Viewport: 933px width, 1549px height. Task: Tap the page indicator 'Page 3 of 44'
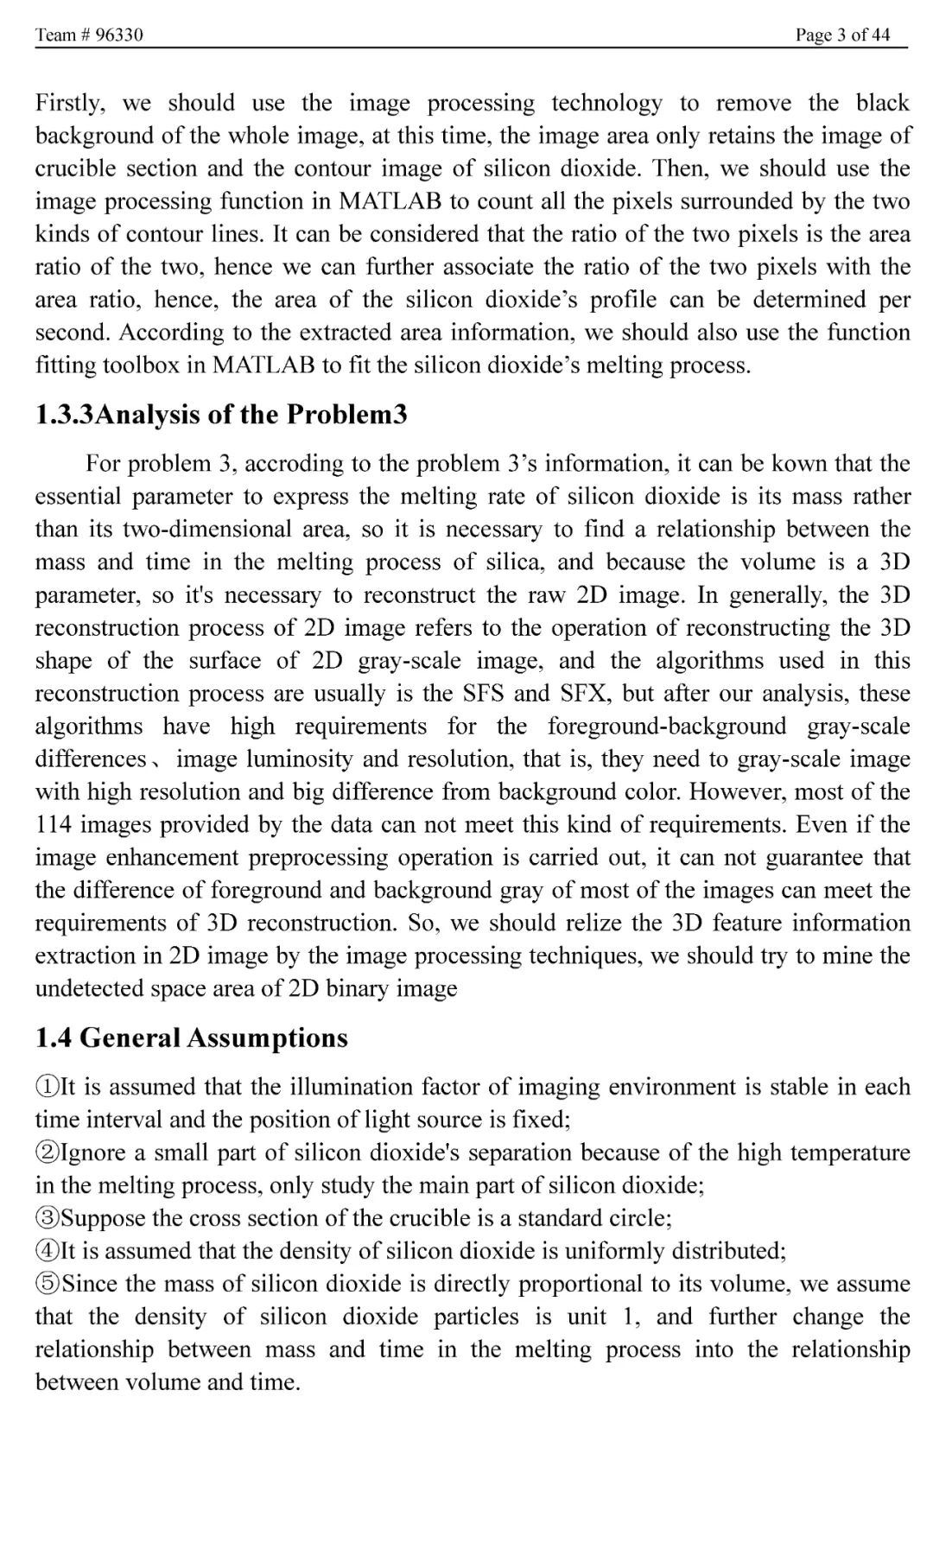point(842,35)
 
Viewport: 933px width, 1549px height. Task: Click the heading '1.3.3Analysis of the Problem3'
point(221,415)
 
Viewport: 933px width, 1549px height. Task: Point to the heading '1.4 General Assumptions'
point(192,1038)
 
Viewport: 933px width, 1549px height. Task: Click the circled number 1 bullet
point(45,1087)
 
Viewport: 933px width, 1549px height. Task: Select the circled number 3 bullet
point(45,1218)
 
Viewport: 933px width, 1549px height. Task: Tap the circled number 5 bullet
point(45,1284)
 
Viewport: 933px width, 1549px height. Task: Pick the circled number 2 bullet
point(45,1152)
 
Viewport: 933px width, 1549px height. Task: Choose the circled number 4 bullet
point(45,1251)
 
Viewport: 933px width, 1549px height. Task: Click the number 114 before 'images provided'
point(54,824)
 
